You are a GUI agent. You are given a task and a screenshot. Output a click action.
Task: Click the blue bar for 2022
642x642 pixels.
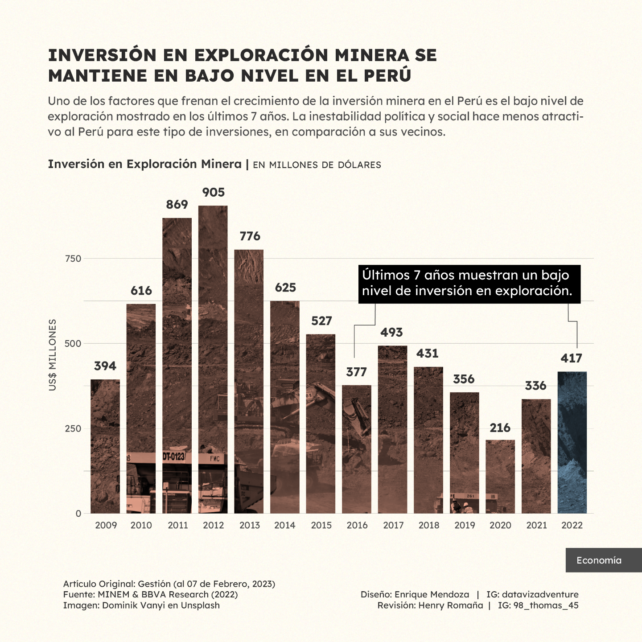coord(572,442)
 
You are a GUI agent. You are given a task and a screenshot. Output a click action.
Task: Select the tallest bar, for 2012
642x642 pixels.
coord(213,359)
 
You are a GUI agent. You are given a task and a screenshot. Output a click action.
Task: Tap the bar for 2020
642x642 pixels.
coord(500,477)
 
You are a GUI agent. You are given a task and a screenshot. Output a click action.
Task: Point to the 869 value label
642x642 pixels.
coord(177,205)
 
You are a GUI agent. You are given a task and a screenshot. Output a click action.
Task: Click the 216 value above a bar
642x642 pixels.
coord(500,428)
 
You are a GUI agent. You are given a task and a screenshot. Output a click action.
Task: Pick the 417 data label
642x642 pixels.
coord(572,358)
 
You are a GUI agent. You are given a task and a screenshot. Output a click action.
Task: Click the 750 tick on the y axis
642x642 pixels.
coord(73,259)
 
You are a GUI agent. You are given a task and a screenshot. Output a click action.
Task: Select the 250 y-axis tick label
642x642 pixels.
coord(73,429)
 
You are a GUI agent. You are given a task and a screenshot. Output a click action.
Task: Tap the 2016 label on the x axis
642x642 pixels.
coord(357,525)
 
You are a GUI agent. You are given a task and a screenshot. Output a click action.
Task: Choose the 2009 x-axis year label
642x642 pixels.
coord(106,525)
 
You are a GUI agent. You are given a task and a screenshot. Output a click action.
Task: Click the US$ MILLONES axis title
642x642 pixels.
coord(53,355)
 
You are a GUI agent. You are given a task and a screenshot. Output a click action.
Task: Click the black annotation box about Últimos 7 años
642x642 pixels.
coord(469,284)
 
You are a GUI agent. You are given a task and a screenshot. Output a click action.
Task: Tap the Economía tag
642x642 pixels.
coord(599,560)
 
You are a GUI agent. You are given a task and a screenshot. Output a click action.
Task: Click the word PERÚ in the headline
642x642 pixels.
coord(387,76)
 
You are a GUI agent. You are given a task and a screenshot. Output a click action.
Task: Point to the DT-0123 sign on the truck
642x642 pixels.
coord(174,457)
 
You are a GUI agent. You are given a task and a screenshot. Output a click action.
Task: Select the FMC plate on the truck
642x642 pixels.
coord(215,459)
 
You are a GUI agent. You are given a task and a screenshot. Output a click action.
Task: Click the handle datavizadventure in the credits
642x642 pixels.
coord(540,595)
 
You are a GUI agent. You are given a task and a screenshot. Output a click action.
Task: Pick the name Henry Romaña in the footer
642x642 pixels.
coord(451,605)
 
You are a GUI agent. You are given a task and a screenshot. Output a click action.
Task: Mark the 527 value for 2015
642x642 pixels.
coord(321,321)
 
